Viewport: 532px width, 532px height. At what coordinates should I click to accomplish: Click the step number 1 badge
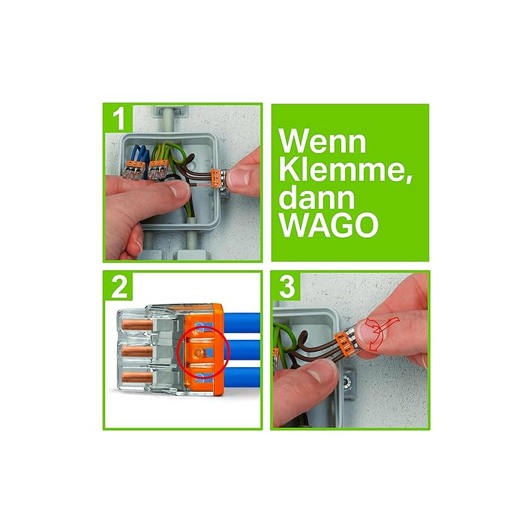tap(118, 118)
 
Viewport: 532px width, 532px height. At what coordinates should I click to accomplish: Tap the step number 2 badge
tap(118, 286)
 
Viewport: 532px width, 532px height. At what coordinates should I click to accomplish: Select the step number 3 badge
tap(286, 286)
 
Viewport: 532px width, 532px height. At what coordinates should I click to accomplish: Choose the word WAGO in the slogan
tap(329, 225)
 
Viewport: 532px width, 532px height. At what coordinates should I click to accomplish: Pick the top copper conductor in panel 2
tap(136, 325)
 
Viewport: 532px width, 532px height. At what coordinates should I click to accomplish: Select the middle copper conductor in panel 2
tap(136, 351)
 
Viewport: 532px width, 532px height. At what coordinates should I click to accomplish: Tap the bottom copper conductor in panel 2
tap(136, 378)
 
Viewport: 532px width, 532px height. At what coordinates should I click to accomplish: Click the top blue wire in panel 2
tap(241, 323)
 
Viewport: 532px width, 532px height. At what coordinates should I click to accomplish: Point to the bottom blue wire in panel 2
tap(241, 377)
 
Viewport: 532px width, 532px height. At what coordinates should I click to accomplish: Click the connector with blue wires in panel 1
tap(135, 170)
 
